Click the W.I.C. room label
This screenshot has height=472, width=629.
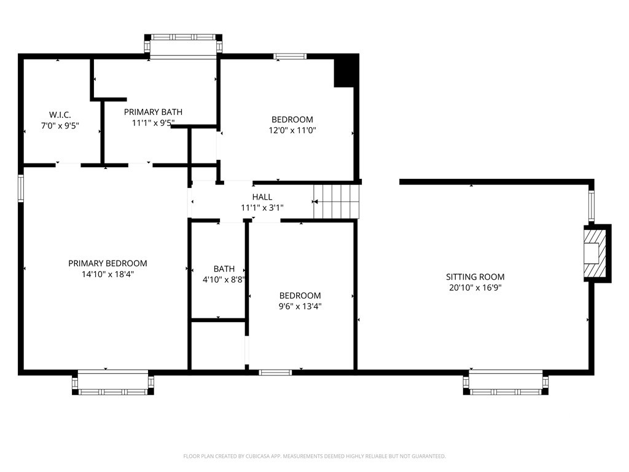point(60,115)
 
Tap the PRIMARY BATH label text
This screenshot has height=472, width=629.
point(153,112)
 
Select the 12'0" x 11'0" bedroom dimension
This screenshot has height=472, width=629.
point(292,130)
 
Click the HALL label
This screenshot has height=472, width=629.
point(262,197)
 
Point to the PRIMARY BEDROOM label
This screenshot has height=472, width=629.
point(107,263)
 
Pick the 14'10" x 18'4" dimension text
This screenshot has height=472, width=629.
point(107,274)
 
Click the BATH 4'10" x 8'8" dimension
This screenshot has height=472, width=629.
point(224,280)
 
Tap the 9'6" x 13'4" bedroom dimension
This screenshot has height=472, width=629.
point(300,306)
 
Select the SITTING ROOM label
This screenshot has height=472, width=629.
point(475,277)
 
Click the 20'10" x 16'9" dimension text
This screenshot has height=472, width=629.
point(475,288)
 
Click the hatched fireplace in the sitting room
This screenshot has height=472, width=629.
point(595,253)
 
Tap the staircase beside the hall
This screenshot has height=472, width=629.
point(336,202)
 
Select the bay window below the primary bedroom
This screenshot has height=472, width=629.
point(113,383)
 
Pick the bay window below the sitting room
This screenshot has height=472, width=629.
point(506,383)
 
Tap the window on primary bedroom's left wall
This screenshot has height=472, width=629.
point(21,188)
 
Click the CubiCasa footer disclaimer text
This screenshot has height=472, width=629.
point(314,457)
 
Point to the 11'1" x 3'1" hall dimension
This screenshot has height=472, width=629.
point(262,208)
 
